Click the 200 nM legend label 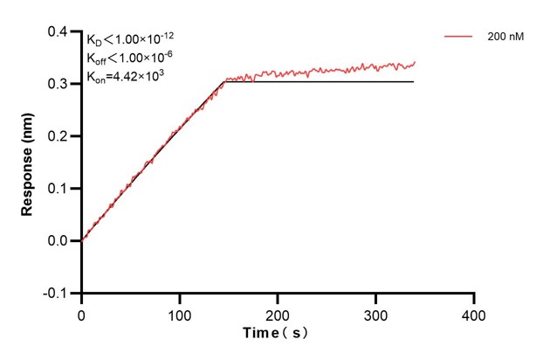[x=505, y=38]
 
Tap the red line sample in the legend [x=458, y=38]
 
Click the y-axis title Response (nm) [x=28, y=163]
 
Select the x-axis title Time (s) [x=275, y=333]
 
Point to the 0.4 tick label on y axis [x=58, y=32]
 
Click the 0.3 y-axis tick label [x=58, y=84]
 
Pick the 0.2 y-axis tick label [x=58, y=136]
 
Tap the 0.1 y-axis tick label [x=58, y=189]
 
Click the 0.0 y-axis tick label [x=58, y=240]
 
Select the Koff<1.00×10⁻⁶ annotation [x=128, y=59]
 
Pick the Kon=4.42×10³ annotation [x=126, y=76]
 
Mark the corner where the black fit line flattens [x=223, y=81]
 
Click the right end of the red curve [x=415, y=62]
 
